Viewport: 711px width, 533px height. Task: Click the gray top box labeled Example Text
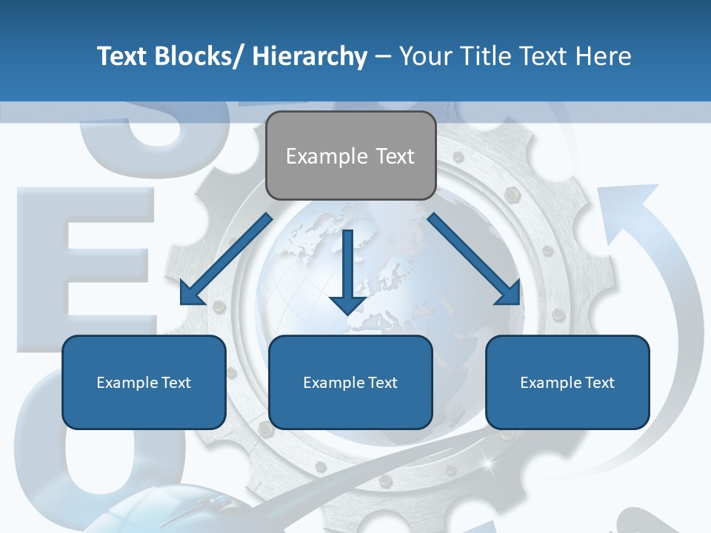coord(350,155)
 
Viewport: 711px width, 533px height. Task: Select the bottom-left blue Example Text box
coord(144,382)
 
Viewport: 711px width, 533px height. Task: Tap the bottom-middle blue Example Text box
coord(350,382)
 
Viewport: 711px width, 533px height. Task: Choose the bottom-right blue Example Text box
coord(567,382)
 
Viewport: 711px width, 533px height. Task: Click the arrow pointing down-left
coord(226,259)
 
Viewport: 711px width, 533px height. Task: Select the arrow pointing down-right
coord(475,259)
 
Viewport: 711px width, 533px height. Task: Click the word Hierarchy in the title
coord(310,56)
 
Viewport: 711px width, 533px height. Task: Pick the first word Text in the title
coord(123,56)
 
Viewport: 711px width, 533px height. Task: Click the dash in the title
coord(383,56)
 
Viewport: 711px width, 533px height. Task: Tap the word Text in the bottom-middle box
coord(382,383)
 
